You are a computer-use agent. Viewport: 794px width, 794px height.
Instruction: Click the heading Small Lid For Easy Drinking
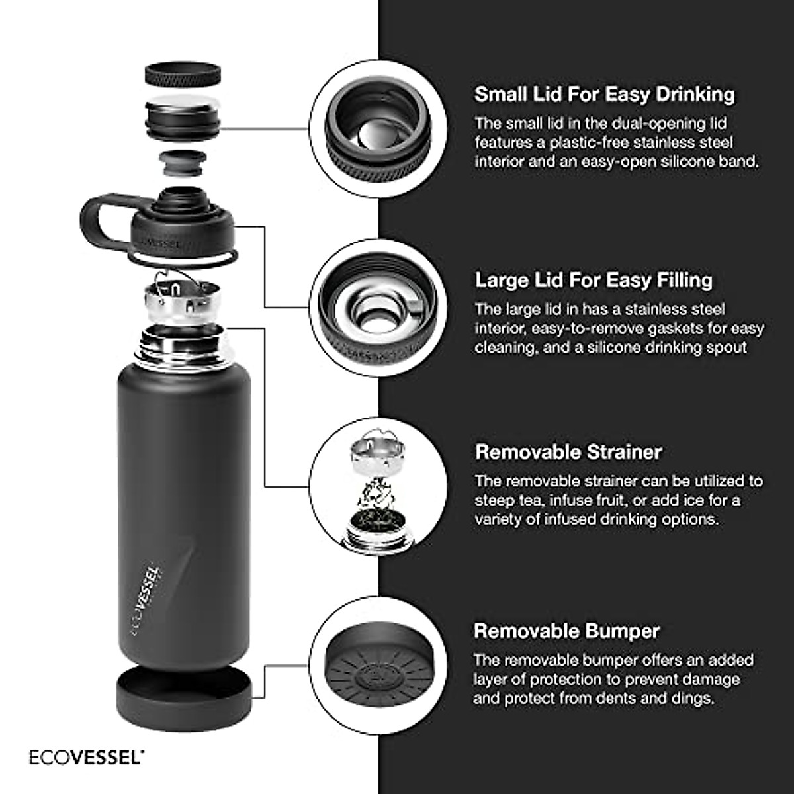click(604, 94)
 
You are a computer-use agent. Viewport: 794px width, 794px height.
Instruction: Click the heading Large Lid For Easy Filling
click(594, 280)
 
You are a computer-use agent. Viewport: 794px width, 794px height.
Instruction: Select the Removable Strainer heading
click(568, 452)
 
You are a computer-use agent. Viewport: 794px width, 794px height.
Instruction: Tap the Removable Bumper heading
click(567, 631)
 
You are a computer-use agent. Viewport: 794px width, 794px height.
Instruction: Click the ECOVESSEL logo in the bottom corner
click(86, 756)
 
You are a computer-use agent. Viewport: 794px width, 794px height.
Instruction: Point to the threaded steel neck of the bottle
click(183, 347)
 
